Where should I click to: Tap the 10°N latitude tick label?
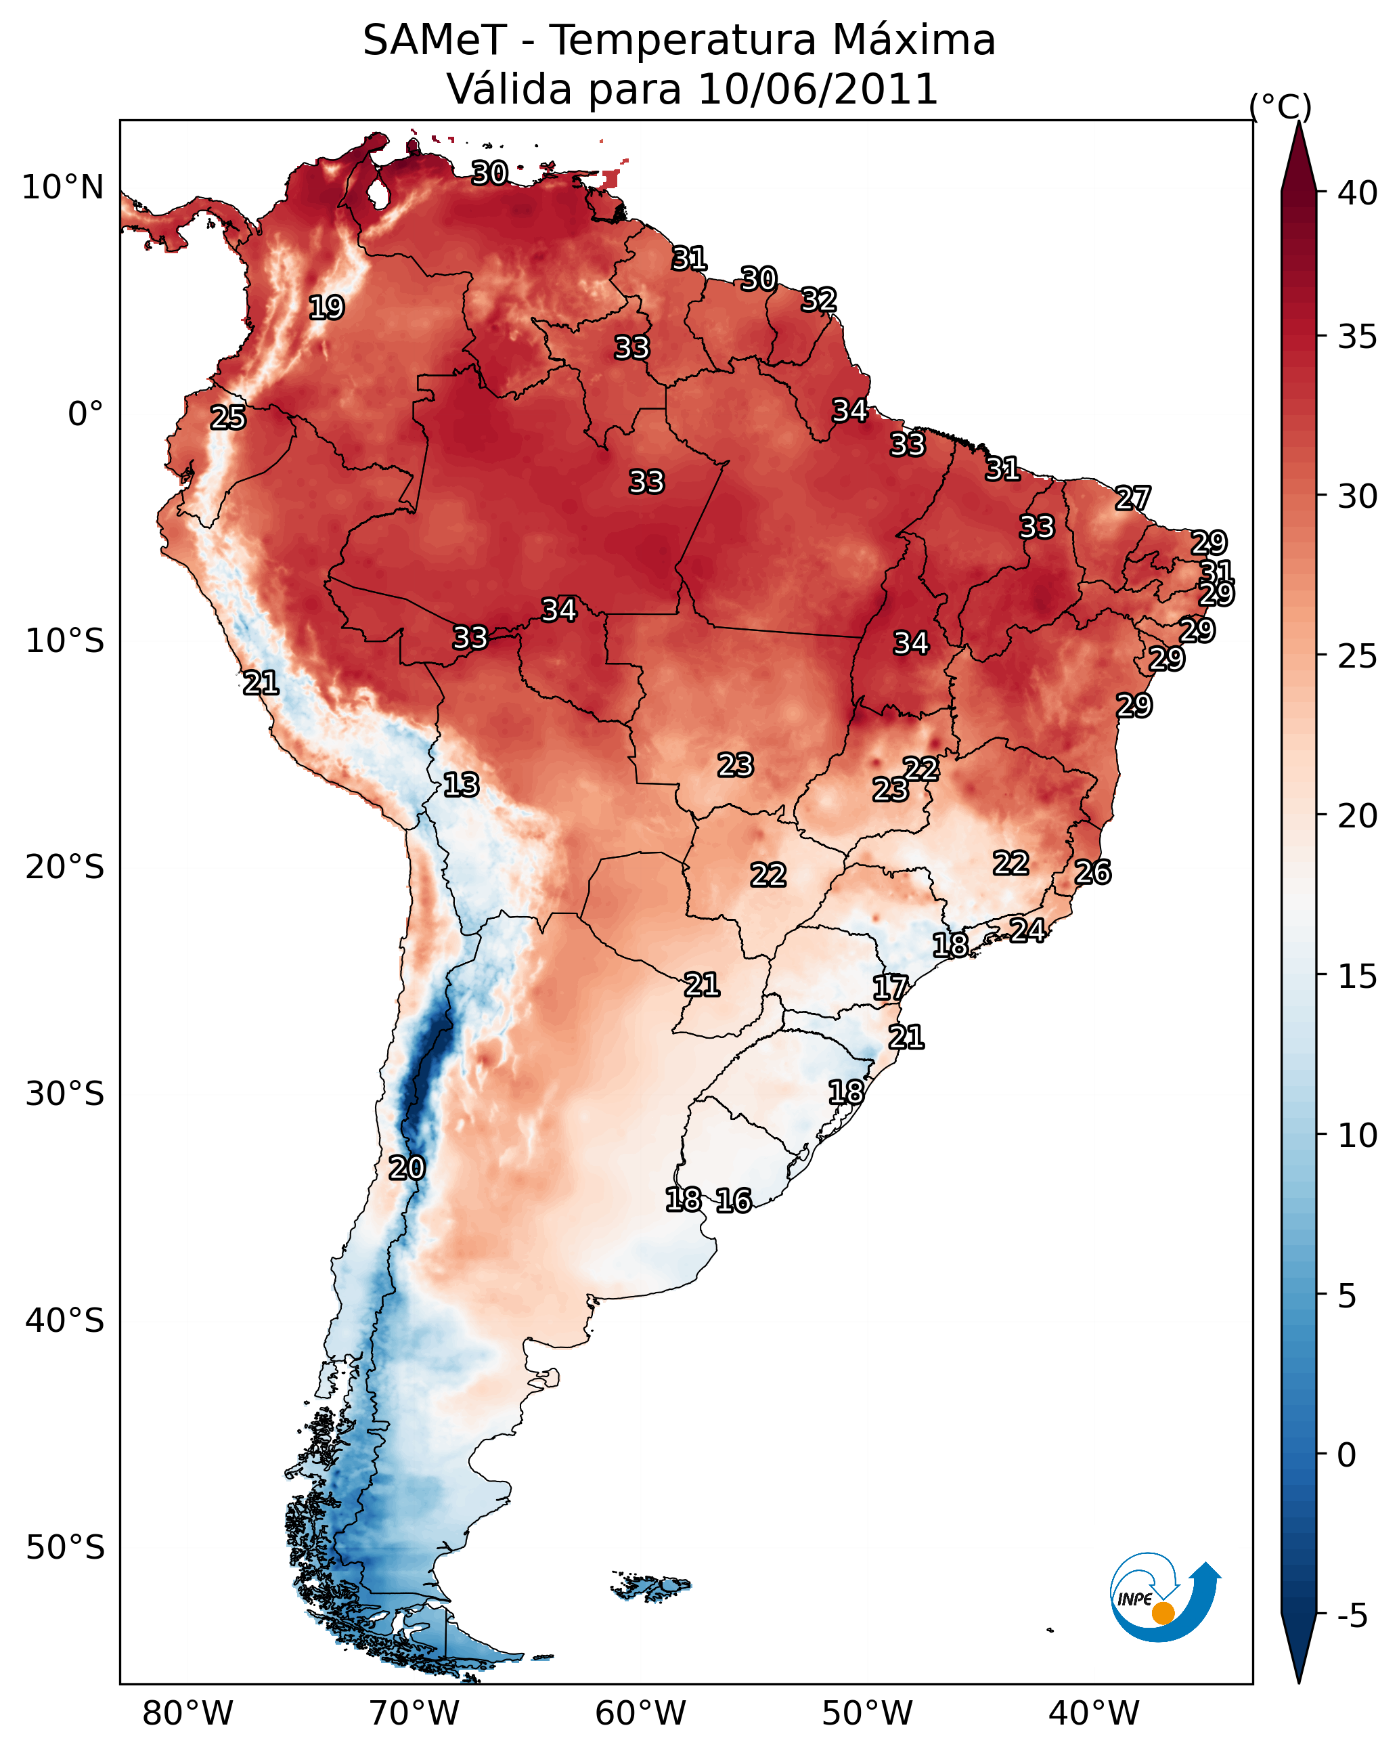pyautogui.click(x=62, y=188)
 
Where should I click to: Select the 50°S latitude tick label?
pyautogui.click(x=65, y=1547)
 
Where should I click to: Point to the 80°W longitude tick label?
pyautogui.click(x=187, y=1713)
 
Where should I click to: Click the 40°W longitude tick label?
pyautogui.click(x=1094, y=1713)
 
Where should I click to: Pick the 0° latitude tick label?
pyautogui.click(x=85, y=414)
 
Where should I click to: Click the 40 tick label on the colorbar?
pyautogui.click(x=1358, y=193)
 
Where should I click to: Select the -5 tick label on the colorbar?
pyautogui.click(x=1352, y=1616)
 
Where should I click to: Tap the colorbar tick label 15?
pyautogui.click(x=1358, y=976)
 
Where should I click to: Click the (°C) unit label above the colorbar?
pyautogui.click(x=1281, y=106)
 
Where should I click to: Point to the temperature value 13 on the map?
pyautogui.click(x=461, y=785)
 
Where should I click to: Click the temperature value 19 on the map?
pyautogui.click(x=326, y=308)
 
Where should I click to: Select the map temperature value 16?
pyautogui.click(x=734, y=1201)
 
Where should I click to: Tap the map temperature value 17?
pyautogui.click(x=890, y=988)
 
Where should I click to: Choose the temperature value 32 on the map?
pyautogui.click(x=818, y=300)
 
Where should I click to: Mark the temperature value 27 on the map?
pyautogui.click(x=1133, y=498)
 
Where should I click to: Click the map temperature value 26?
pyautogui.click(x=1093, y=872)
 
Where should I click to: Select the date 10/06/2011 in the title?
pyautogui.click(x=818, y=89)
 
